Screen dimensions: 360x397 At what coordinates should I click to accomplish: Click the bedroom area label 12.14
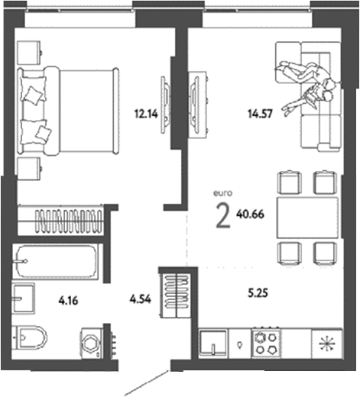(146, 114)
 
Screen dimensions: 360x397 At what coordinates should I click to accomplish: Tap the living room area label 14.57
(261, 114)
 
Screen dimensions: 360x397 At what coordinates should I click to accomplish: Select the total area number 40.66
(250, 215)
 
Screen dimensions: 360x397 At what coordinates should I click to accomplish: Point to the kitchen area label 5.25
(258, 293)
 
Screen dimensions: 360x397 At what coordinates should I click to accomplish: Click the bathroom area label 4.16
(68, 301)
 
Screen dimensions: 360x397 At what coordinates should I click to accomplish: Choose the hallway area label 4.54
(141, 299)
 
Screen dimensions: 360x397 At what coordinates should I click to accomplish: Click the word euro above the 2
(222, 193)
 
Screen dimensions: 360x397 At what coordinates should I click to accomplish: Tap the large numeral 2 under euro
(223, 216)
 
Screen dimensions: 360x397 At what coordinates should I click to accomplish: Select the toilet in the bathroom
(31, 338)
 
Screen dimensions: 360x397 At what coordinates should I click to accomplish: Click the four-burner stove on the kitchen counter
(266, 344)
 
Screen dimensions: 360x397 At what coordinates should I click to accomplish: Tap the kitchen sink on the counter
(213, 343)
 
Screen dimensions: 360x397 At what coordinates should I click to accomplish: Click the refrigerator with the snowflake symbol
(327, 344)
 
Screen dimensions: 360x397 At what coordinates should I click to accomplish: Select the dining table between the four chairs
(307, 218)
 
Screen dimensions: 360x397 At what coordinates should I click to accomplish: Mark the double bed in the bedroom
(68, 111)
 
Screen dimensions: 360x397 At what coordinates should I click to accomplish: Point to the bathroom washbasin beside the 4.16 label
(24, 299)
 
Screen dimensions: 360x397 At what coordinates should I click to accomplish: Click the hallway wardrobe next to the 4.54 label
(176, 295)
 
